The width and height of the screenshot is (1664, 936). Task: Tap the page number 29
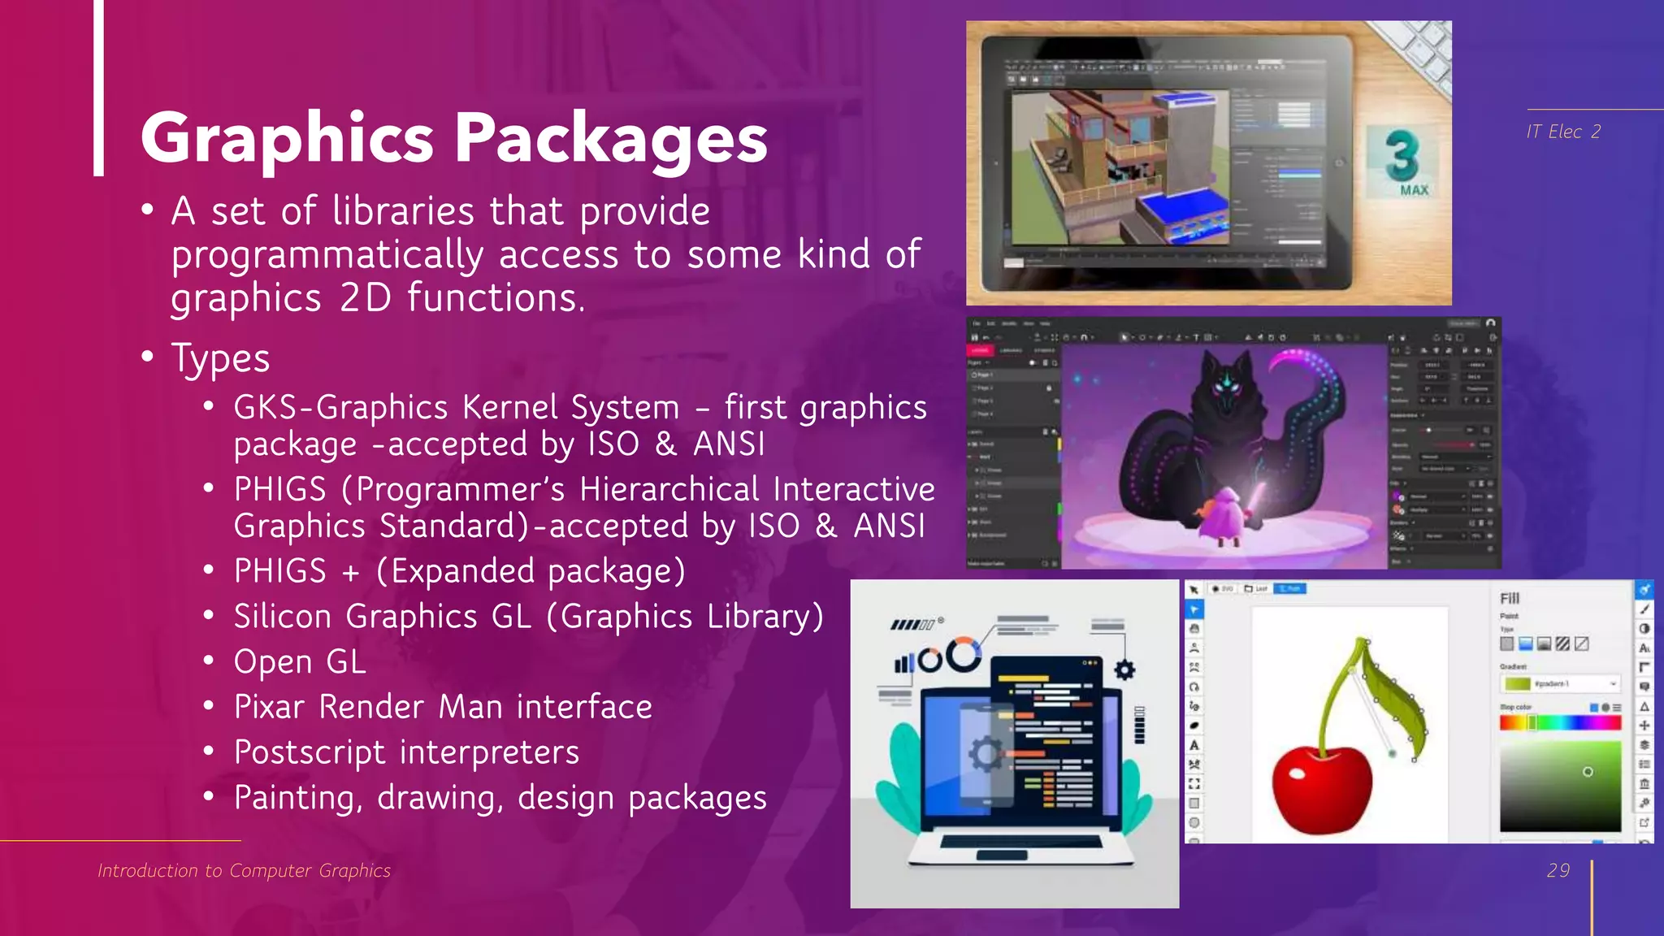coord(1558,870)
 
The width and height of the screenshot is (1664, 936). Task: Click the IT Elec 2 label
coord(1562,132)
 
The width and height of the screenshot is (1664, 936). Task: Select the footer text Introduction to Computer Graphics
coord(244,870)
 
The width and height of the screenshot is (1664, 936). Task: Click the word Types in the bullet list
coord(220,358)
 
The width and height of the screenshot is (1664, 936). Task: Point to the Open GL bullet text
coord(300,662)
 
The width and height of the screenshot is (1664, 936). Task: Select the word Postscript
coord(309,752)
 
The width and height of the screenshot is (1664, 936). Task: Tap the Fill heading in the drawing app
coord(1509,598)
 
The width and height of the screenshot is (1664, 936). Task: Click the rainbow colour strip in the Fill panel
coord(1560,722)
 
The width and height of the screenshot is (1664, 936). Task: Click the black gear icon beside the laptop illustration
coord(1124,669)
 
